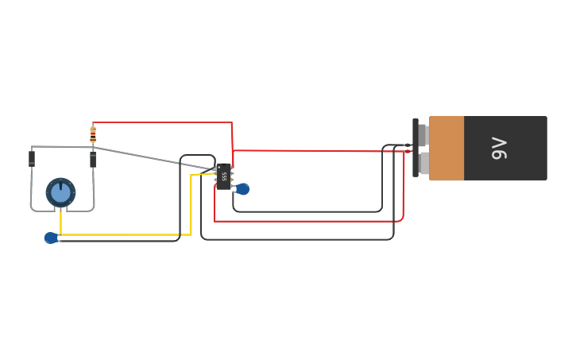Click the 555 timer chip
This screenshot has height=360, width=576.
pyautogui.click(x=224, y=176)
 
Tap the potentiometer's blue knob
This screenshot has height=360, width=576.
pyautogui.click(x=60, y=192)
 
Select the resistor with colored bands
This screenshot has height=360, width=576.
pyautogui.click(x=93, y=134)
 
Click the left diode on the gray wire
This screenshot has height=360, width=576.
pyautogui.click(x=32, y=158)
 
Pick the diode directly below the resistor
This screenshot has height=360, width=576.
pyautogui.click(x=93, y=160)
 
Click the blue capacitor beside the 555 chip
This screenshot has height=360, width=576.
pyautogui.click(x=242, y=189)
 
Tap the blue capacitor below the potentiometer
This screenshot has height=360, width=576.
pyautogui.click(x=51, y=238)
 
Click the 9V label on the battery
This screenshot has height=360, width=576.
pyautogui.click(x=499, y=149)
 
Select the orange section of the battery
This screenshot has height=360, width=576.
pyautogui.click(x=446, y=149)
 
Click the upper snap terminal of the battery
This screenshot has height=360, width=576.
pyautogui.click(x=423, y=135)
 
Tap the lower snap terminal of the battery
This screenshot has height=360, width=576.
pyautogui.click(x=423, y=163)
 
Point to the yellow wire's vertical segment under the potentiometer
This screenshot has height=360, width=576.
pyautogui.click(x=60, y=223)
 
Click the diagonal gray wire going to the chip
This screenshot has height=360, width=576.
pyautogui.click(x=151, y=157)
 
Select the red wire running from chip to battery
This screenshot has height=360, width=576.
pyautogui.click(x=318, y=149)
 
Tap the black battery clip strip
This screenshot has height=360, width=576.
pyautogui.click(x=415, y=149)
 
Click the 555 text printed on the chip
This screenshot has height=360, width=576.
pyautogui.click(x=224, y=176)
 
